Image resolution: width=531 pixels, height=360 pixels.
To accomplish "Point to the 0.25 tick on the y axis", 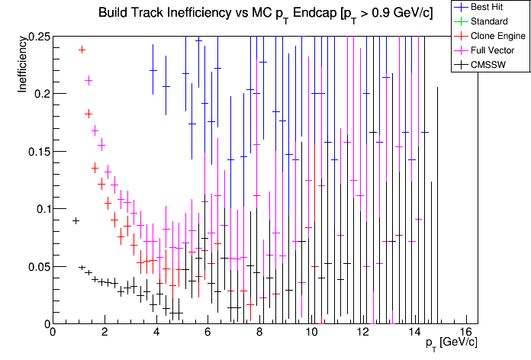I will pyautogui.click(x=35, y=37).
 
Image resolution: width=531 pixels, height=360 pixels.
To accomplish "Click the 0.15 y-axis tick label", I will pyautogui.click(x=35, y=151).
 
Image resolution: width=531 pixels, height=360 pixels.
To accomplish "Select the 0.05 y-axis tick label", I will pyautogui.click(x=35, y=266).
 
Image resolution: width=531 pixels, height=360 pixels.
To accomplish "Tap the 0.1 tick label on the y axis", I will pyautogui.click(x=39, y=209).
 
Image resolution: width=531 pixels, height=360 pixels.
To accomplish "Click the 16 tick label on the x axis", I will pyautogui.click(x=467, y=333).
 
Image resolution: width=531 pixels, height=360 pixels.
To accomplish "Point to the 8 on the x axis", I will pyautogui.click(x=260, y=333).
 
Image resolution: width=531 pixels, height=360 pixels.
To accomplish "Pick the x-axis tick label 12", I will pyautogui.click(x=363, y=333).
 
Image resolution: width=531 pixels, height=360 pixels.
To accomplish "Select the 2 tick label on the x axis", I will pyautogui.click(x=105, y=333).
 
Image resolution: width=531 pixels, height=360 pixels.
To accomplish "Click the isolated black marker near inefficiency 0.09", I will pyautogui.click(x=76, y=220).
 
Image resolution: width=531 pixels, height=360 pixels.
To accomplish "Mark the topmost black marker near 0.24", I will pyautogui.click(x=82, y=50).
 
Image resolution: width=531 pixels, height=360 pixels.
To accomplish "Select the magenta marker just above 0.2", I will pyautogui.click(x=88, y=80).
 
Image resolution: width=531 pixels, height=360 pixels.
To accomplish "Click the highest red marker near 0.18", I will pyautogui.click(x=88, y=113).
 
